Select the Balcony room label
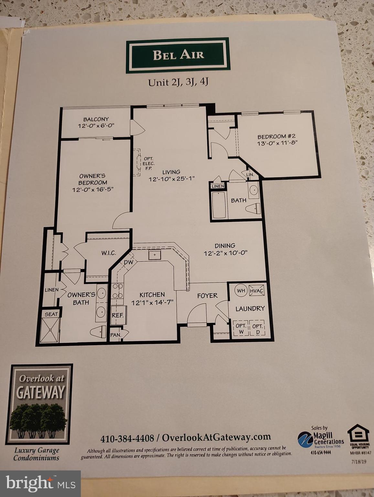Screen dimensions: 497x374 click(96, 119)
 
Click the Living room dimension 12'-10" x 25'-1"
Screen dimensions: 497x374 click(171, 179)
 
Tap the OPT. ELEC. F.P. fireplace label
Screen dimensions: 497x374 click(149, 163)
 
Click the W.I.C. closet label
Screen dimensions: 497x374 click(109, 253)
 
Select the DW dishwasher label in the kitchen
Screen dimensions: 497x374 click(128, 262)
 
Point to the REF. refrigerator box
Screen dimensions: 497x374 click(118, 315)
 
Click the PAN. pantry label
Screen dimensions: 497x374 click(115, 335)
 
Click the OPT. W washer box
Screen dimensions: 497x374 click(240, 328)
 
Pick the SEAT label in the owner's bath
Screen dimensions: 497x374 click(51, 314)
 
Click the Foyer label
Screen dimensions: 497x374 click(207, 296)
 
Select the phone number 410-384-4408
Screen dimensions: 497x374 click(127, 439)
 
